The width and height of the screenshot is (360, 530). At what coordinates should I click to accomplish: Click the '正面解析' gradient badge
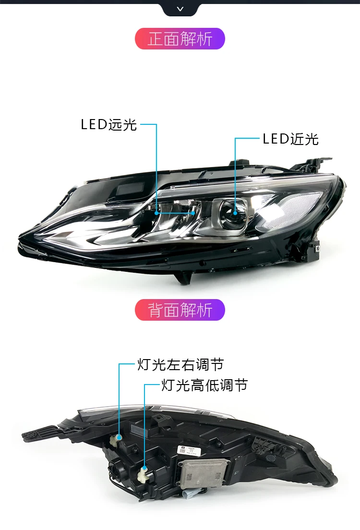pyautogui.click(x=180, y=39)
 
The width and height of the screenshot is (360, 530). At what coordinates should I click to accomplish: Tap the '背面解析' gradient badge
pyautogui.click(x=180, y=310)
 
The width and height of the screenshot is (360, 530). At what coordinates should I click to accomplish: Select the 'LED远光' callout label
pyautogui.click(x=109, y=125)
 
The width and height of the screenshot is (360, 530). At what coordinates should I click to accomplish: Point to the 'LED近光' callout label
pyautogui.click(x=290, y=139)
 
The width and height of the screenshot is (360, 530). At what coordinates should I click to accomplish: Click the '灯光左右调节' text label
pyautogui.click(x=180, y=365)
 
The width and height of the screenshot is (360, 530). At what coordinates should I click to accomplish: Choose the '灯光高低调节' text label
pyautogui.click(x=204, y=385)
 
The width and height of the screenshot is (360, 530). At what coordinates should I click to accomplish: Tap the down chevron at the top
pyautogui.click(x=180, y=9)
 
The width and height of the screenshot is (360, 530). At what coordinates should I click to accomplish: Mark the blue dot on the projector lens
pyautogui.click(x=235, y=212)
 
